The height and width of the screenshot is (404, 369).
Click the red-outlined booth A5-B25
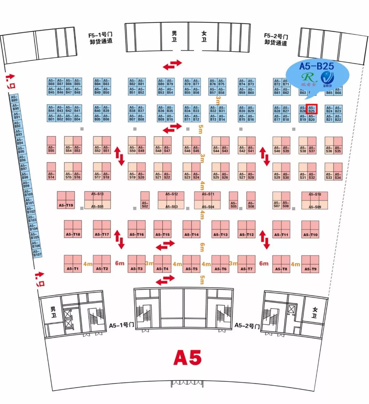312,109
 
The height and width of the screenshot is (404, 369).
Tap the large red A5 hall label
187,358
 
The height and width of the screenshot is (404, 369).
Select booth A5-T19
66,200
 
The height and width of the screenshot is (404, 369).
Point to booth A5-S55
51,145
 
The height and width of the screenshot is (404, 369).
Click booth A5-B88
51,82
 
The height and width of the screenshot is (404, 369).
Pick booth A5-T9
310,264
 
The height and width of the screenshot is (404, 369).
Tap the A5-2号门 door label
247,325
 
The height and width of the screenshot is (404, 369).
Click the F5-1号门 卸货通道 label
101,38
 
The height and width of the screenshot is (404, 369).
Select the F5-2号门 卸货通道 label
276,40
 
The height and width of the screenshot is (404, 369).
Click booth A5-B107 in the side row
37,253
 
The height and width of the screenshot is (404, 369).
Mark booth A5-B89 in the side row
14,99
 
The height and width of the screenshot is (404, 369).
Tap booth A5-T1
73,264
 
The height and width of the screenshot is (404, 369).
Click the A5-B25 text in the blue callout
316,66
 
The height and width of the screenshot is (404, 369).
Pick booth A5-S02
145,200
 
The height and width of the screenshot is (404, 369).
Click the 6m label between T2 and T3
120,263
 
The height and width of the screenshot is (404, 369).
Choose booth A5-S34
338,171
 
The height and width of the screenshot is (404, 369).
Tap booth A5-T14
191,229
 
